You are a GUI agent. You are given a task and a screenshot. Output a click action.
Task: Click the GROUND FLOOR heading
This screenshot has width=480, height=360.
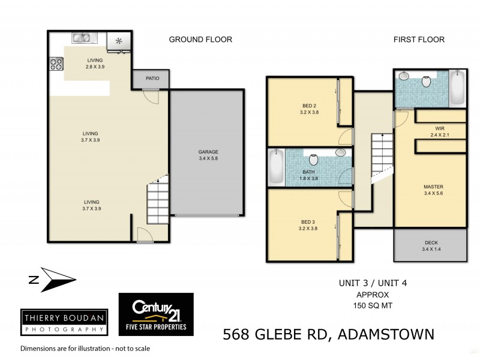tap(200, 40)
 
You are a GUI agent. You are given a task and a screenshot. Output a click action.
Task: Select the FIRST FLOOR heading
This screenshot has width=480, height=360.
tap(419, 40)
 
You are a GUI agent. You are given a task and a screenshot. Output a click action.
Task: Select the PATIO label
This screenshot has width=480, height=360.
tap(150, 79)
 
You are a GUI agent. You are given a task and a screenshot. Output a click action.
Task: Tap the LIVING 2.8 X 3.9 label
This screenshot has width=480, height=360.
tap(95, 64)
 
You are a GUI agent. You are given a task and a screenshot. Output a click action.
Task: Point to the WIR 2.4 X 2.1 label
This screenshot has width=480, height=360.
tap(440, 132)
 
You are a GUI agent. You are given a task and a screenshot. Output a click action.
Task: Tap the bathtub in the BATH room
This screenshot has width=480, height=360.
tap(276, 167)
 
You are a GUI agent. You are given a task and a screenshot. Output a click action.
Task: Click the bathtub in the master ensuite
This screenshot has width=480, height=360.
tap(457, 88)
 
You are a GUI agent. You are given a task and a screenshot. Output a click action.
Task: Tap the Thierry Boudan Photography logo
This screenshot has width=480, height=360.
tap(64, 322)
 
